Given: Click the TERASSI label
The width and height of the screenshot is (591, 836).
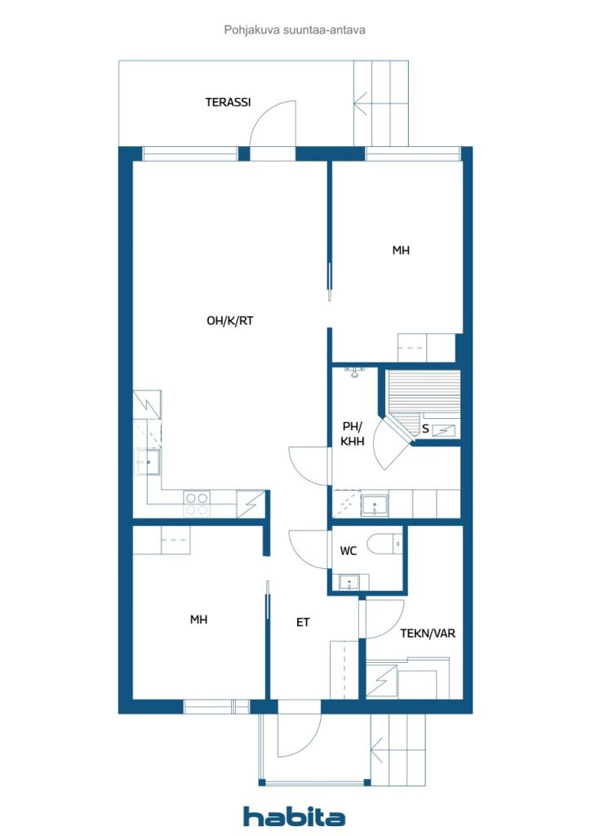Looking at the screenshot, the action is point(228,102).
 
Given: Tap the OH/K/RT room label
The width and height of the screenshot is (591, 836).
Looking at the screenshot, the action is point(229,320).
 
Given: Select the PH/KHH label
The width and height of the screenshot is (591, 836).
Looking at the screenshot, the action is point(353,434).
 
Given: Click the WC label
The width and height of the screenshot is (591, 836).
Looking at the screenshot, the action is point(348,551).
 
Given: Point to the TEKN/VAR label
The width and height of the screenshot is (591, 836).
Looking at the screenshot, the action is point(428,633).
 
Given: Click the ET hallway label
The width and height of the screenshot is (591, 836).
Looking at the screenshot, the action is point(303,622).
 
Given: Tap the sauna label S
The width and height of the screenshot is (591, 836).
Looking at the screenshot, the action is point(425,429).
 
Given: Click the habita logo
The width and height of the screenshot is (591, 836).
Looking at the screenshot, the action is point(294,816).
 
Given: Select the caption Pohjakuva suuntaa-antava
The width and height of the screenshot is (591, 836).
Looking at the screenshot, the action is point(295,30).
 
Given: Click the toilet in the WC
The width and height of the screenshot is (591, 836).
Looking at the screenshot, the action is point(385,545).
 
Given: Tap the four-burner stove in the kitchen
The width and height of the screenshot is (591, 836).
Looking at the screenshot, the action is point(197,503).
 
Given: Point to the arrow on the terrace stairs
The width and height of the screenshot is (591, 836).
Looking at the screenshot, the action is point(361,103).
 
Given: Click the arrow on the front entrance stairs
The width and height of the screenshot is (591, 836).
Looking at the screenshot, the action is point(378,749).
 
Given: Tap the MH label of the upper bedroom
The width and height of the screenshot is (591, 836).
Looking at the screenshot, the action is point(401,250).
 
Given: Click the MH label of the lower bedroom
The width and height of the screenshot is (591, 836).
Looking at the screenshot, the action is point(199,619).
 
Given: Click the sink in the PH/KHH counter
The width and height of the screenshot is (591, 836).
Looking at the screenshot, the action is point(375,505).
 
